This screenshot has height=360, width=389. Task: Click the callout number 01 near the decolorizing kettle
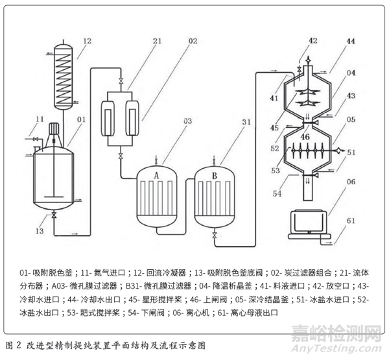(82, 119)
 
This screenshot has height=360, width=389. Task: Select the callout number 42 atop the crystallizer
(312, 41)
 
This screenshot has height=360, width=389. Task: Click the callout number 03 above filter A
(169, 121)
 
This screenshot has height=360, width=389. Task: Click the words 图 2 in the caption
(12, 341)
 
